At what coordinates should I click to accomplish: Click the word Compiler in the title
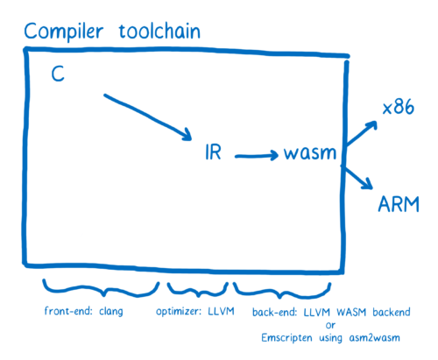coord(59,32)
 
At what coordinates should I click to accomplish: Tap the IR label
coord(213,152)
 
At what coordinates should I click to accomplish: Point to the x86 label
coord(400,109)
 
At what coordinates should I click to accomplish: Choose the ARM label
coord(399,205)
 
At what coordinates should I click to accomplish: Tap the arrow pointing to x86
coord(362,134)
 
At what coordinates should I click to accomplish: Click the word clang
coord(107,312)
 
